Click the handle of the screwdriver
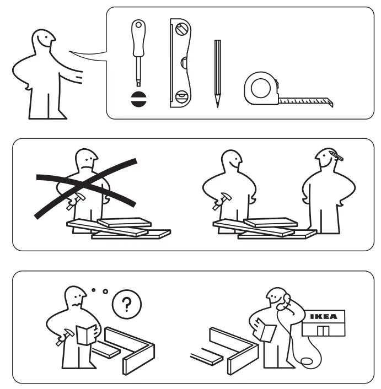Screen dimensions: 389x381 [137, 36]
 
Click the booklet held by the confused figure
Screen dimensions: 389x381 [87, 334]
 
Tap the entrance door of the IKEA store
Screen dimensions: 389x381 [323, 332]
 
